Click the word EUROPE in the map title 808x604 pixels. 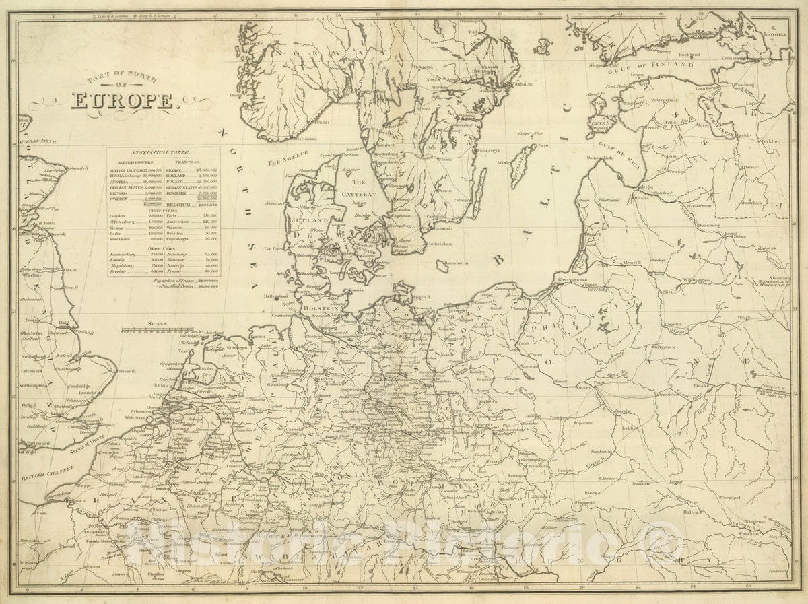point(123,101)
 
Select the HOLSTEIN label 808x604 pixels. point(318,309)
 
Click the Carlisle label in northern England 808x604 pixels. point(34,275)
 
